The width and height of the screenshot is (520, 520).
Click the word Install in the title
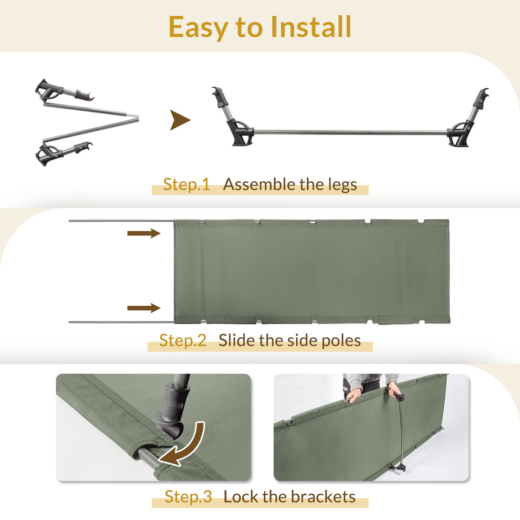pos(311,27)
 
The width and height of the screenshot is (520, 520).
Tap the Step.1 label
pos(187,185)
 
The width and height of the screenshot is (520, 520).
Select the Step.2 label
pos(183,340)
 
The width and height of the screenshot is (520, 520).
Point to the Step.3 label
pos(188,497)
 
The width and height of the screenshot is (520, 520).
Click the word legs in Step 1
pos(343,185)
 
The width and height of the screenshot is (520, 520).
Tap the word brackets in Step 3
pos(323,497)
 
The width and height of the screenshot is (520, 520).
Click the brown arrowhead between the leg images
pos(180,120)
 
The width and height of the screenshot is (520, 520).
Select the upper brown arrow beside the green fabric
pos(144,233)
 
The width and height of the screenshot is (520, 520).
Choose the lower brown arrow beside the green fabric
pos(144,308)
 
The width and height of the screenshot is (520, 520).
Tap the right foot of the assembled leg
pos(458,135)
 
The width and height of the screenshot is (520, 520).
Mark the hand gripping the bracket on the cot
pos(393,390)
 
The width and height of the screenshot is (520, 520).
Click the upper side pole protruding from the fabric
pos(121,220)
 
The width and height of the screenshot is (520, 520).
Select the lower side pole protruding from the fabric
pos(121,322)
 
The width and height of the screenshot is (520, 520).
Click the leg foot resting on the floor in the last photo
pos(398,468)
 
